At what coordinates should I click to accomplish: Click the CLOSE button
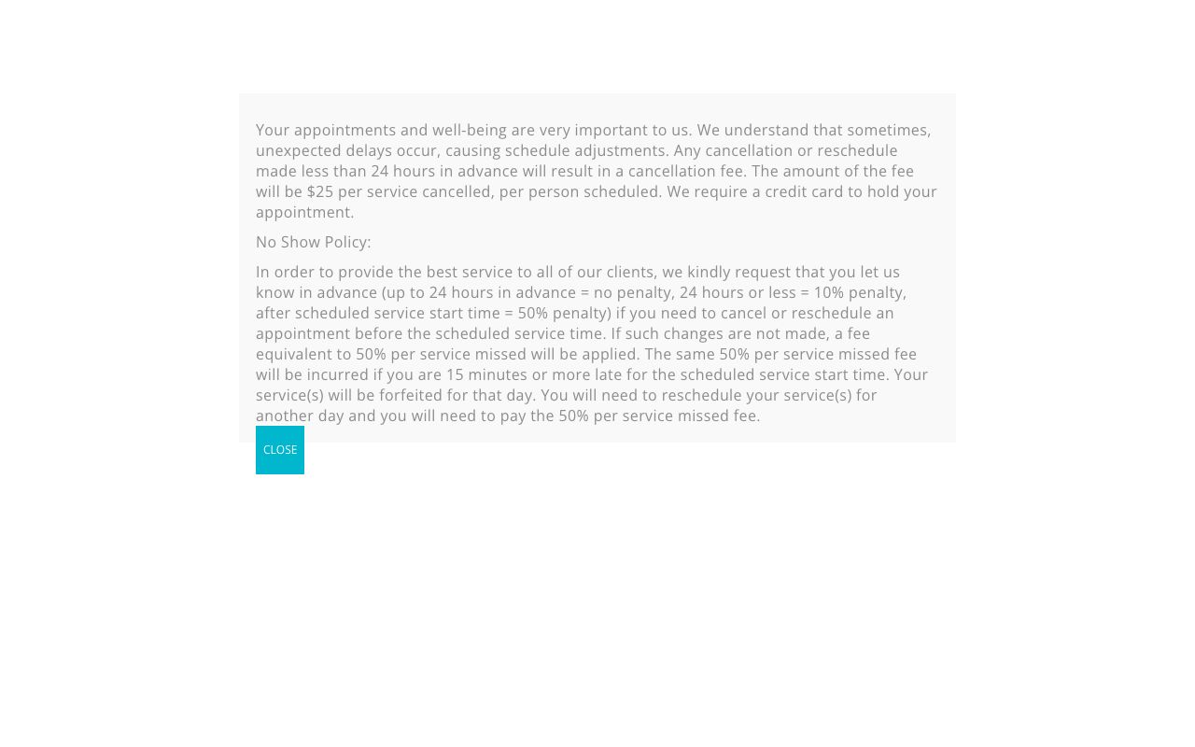[280, 450]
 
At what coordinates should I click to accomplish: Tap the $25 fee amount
[320, 192]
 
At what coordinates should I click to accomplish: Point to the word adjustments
[618, 151]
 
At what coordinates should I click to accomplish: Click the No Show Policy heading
[313, 243]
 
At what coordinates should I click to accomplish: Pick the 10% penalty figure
[828, 293]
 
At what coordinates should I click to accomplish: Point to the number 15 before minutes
[455, 375]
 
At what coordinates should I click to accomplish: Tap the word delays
[371, 151]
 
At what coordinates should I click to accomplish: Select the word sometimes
[889, 131]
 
